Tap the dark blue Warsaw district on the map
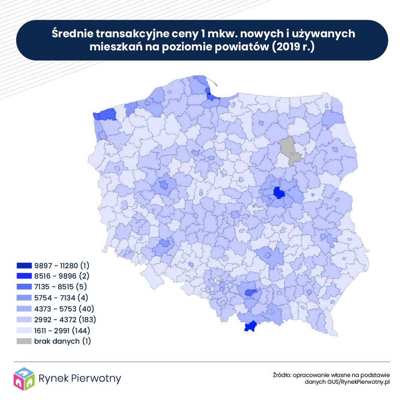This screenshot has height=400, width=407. [x=279, y=193]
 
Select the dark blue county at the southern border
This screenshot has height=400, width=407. [x=250, y=327]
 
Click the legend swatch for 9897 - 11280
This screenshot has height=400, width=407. [x=24, y=265]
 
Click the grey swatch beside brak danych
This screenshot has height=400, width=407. [x=24, y=341]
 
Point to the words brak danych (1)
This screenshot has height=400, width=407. [x=62, y=341]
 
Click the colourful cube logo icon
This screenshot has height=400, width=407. [x=24, y=379]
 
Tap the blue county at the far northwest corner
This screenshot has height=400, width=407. [x=105, y=115]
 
